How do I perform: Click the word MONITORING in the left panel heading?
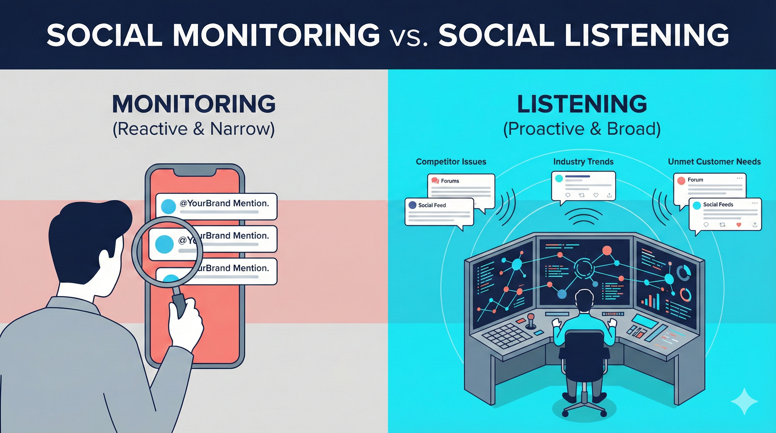coord(194,104)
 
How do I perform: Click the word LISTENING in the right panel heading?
coord(582,104)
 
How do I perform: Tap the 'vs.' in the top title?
coord(409,36)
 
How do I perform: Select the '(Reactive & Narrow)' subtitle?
coord(194,129)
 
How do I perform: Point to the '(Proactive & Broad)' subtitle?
coord(582,129)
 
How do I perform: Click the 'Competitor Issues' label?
coord(451,162)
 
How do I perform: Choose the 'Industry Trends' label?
coord(583,162)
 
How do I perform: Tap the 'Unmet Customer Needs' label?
coord(714,162)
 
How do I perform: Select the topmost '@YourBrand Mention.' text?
coord(224,203)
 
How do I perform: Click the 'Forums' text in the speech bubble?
coord(450,181)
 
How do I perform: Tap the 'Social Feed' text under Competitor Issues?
coord(432,205)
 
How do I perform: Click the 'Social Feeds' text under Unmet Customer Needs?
coord(718,204)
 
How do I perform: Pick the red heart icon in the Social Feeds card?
coord(738,225)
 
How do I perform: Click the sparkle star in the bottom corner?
coord(744,401)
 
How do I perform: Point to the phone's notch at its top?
coord(195,173)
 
